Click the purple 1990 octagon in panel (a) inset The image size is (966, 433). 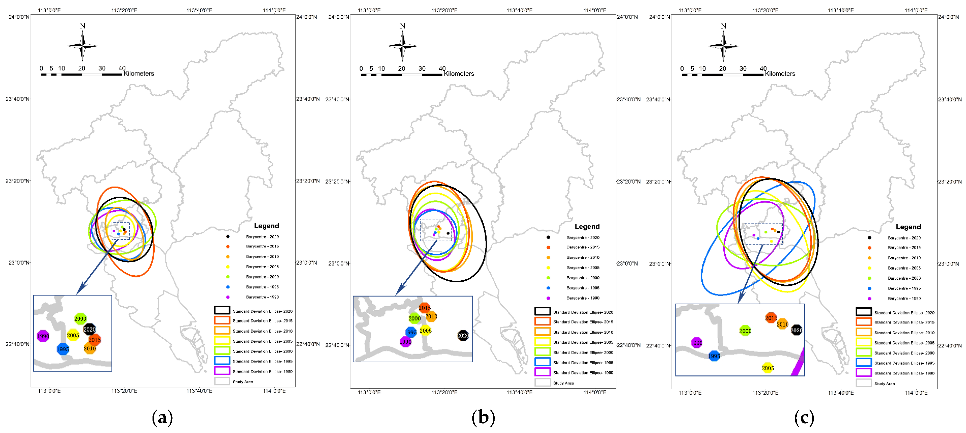pyautogui.click(x=43, y=336)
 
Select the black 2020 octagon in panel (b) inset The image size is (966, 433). pyautogui.click(x=463, y=335)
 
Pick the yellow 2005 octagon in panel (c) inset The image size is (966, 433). pyautogui.click(x=768, y=368)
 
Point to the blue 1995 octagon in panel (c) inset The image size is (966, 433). pyautogui.click(x=714, y=356)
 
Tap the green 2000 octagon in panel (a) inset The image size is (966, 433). pyautogui.click(x=80, y=319)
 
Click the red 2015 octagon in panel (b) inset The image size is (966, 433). pyautogui.click(x=424, y=308)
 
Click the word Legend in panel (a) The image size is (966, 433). pyautogui.click(x=267, y=226)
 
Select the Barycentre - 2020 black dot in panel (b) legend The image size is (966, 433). pyautogui.click(x=548, y=237)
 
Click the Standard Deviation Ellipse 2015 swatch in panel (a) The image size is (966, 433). pyautogui.click(x=222, y=320)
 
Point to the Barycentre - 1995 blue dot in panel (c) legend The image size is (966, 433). pyautogui.click(x=869, y=288)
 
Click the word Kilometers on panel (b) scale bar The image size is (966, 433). pyautogui.click(x=459, y=74)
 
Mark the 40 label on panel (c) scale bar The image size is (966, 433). pyautogui.click(x=763, y=68)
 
